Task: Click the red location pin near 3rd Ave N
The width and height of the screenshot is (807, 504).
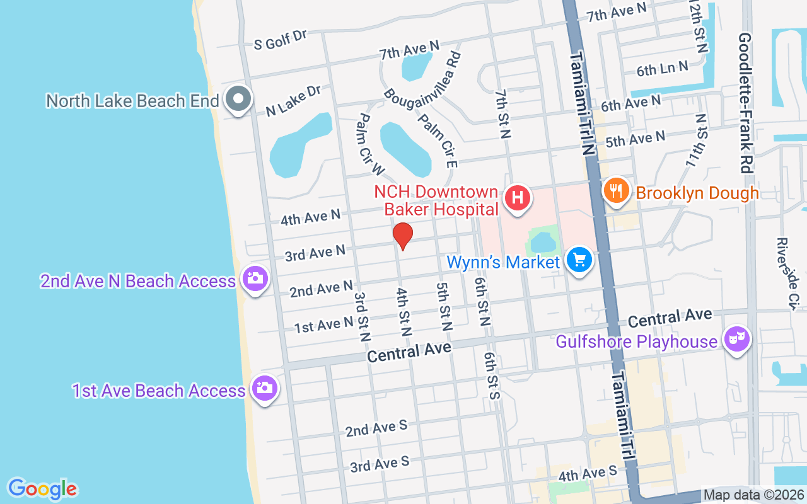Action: coord(403,236)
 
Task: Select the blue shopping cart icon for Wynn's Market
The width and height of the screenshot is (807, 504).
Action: coord(579,260)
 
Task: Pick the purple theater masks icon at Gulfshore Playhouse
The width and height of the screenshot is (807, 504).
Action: coord(737,339)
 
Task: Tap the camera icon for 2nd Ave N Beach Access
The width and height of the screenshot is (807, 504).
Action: coord(255,278)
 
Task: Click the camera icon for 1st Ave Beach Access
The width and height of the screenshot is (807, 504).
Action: coord(265,387)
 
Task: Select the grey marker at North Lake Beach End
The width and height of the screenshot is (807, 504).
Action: coord(239,99)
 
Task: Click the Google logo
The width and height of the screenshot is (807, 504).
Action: coord(42,489)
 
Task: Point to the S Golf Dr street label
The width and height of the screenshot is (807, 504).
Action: coord(280,39)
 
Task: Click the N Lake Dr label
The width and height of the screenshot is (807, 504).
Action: coord(294,101)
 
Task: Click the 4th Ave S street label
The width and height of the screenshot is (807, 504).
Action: coord(588,474)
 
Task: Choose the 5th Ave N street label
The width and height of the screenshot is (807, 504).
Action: coord(635,139)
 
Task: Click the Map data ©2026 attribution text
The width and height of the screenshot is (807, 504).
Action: coord(754,495)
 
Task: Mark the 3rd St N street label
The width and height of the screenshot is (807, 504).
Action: coord(361,316)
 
